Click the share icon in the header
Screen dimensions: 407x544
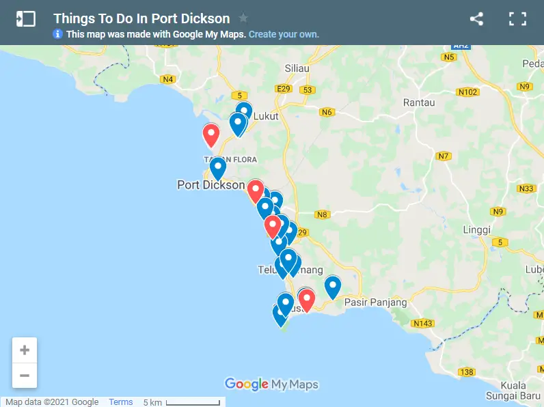pyautogui.click(x=476, y=19)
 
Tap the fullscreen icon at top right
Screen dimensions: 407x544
pyautogui.click(x=518, y=19)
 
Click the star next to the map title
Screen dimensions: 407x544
pyautogui.click(x=243, y=18)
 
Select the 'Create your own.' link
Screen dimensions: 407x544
pyautogui.click(x=284, y=34)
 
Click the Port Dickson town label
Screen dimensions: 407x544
pyautogui.click(x=210, y=184)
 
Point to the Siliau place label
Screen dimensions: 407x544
pyautogui.click(x=298, y=68)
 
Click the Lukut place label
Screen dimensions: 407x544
pyautogui.click(x=266, y=116)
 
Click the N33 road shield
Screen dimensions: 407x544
pyautogui.click(x=526, y=188)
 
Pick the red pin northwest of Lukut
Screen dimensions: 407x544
pyautogui.click(x=211, y=134)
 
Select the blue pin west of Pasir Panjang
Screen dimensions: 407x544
pyautogui.click(x=332, y=285)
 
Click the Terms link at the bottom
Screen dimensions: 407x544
pyautogui.click(x=121, y=402)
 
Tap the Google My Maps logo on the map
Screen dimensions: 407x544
pyautogui.click(x=271, y=384)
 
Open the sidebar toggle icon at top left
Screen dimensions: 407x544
pyautogui.click(x=25, y=19)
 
